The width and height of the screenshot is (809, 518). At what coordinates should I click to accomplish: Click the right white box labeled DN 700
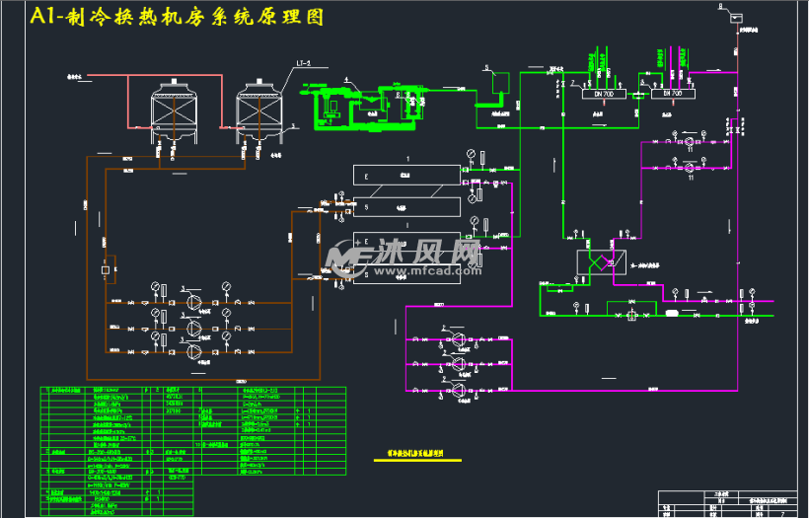(671, 93)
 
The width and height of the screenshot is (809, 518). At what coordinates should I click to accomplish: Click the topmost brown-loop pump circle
(193, 301)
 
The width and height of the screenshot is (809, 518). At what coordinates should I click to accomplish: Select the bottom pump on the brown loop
(193, 349)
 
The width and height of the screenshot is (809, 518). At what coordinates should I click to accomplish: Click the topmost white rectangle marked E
(406, 176)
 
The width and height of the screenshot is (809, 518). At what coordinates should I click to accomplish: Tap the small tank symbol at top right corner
(737, 16)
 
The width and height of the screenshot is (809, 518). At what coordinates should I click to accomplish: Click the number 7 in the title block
(782, 514)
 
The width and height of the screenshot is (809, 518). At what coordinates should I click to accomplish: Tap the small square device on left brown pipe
(105, 268)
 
